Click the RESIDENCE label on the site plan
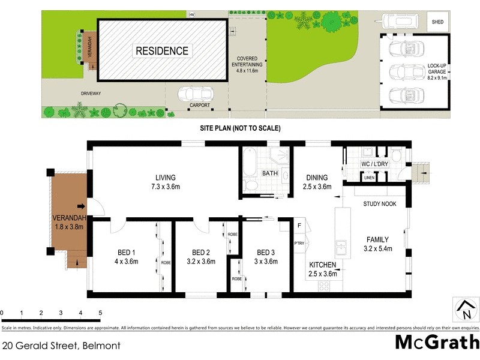(x=162, y=51)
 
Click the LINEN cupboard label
(x=369, y=178)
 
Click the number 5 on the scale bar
(x=100, y=313)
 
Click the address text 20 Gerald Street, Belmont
(x=61, y=346)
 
